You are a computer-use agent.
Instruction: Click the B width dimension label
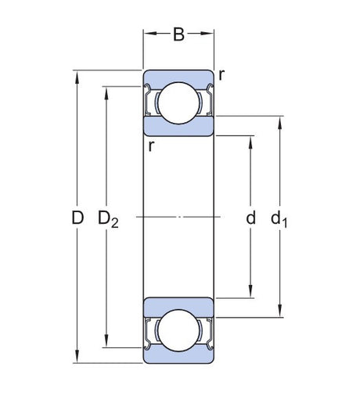point(178,34)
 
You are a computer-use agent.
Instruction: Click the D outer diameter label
point(77,218)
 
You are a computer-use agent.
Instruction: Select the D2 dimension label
point(108,220)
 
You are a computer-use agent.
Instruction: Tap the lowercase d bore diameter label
point(250,218)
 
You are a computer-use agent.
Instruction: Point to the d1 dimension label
point(279,220)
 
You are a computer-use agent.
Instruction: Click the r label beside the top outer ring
point(221,75)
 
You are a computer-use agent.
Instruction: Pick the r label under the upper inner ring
point(151,146)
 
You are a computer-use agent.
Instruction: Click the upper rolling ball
point(178,103)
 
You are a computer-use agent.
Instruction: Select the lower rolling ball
point(178,330)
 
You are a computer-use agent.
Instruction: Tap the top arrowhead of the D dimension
point(77,77)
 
